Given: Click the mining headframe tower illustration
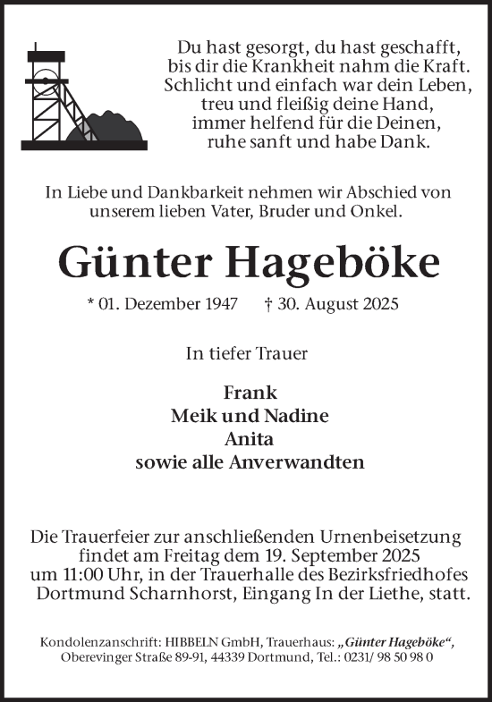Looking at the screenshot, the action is (x=45, y=94).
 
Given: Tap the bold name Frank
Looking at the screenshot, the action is (x=250, y=393).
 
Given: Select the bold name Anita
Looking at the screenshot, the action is (x=250, y=439).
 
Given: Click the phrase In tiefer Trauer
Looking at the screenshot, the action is (x=246, y=352).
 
